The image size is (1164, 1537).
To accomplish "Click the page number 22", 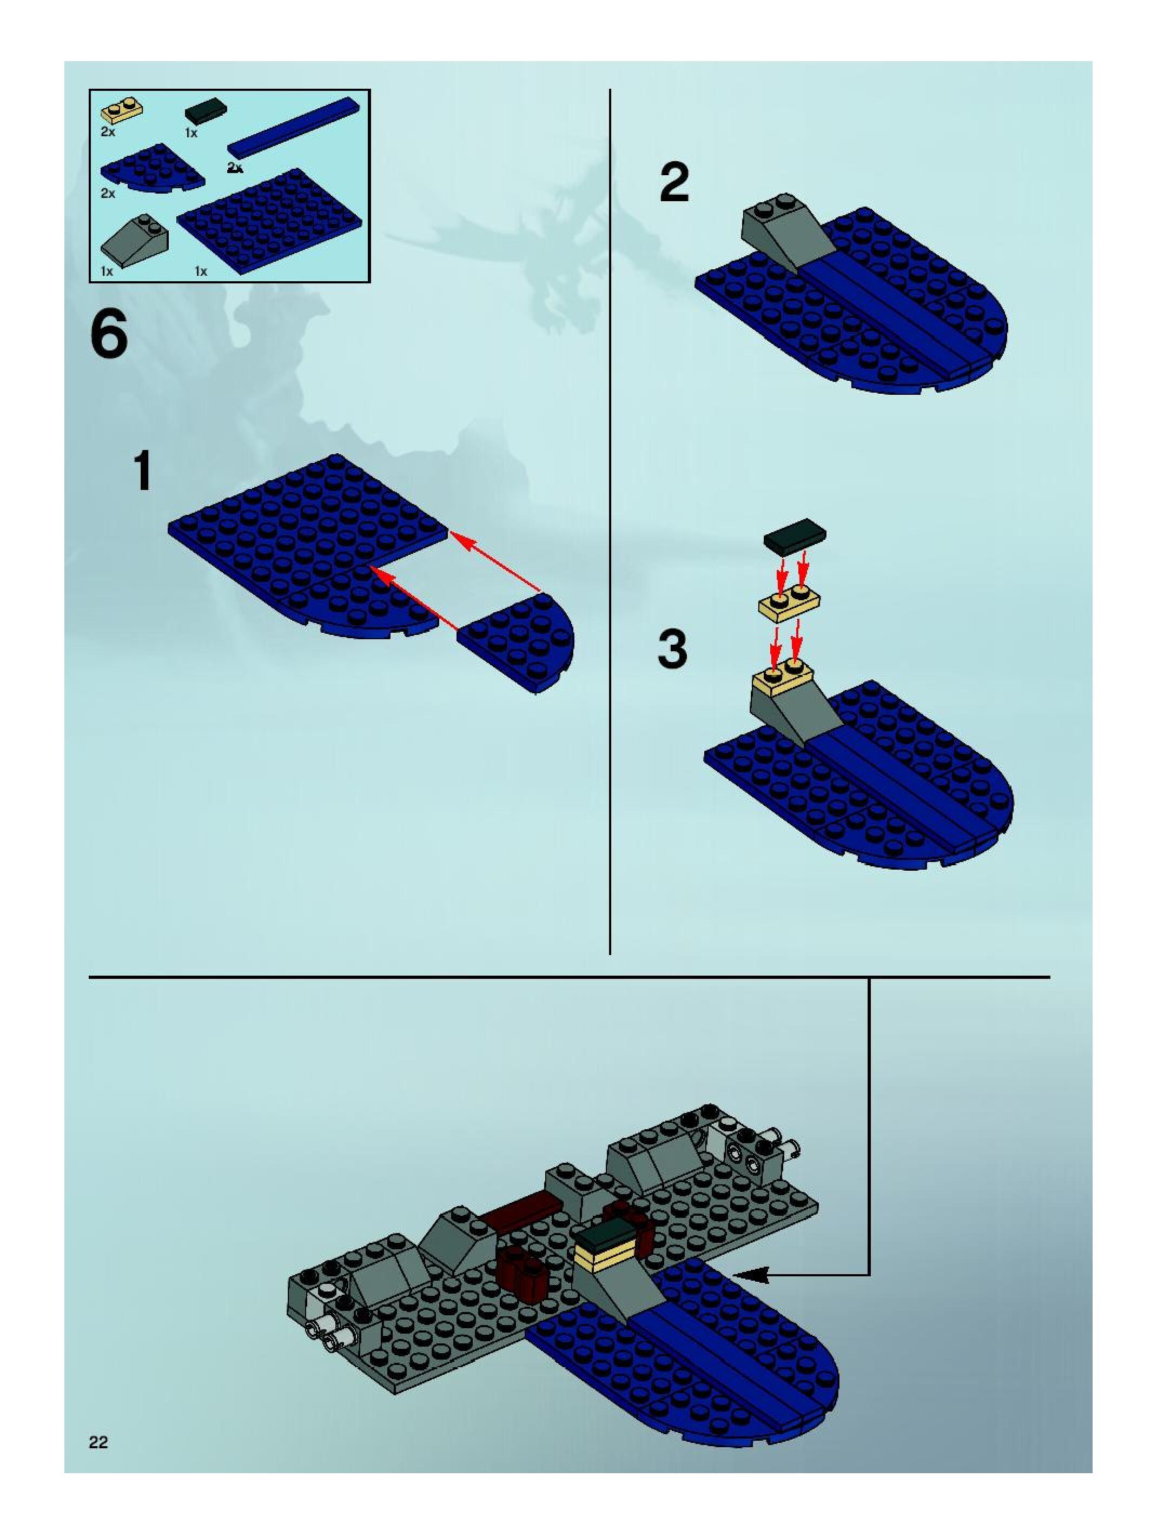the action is (x=98, y=1442).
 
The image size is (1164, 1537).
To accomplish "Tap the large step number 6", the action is (x=109, y=334).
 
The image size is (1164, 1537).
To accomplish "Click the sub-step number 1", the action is (x=143, y=471).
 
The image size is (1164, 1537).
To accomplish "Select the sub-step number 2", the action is (x=674, y=182).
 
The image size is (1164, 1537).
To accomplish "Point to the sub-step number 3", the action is (x=672, y=649).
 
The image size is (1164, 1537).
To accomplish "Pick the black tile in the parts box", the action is (x=205, y=111).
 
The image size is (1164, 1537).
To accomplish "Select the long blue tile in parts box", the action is (x=294, y=128).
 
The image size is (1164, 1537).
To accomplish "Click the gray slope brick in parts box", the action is (x=135, y=241).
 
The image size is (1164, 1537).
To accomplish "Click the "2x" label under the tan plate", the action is (x=108, y=131).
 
